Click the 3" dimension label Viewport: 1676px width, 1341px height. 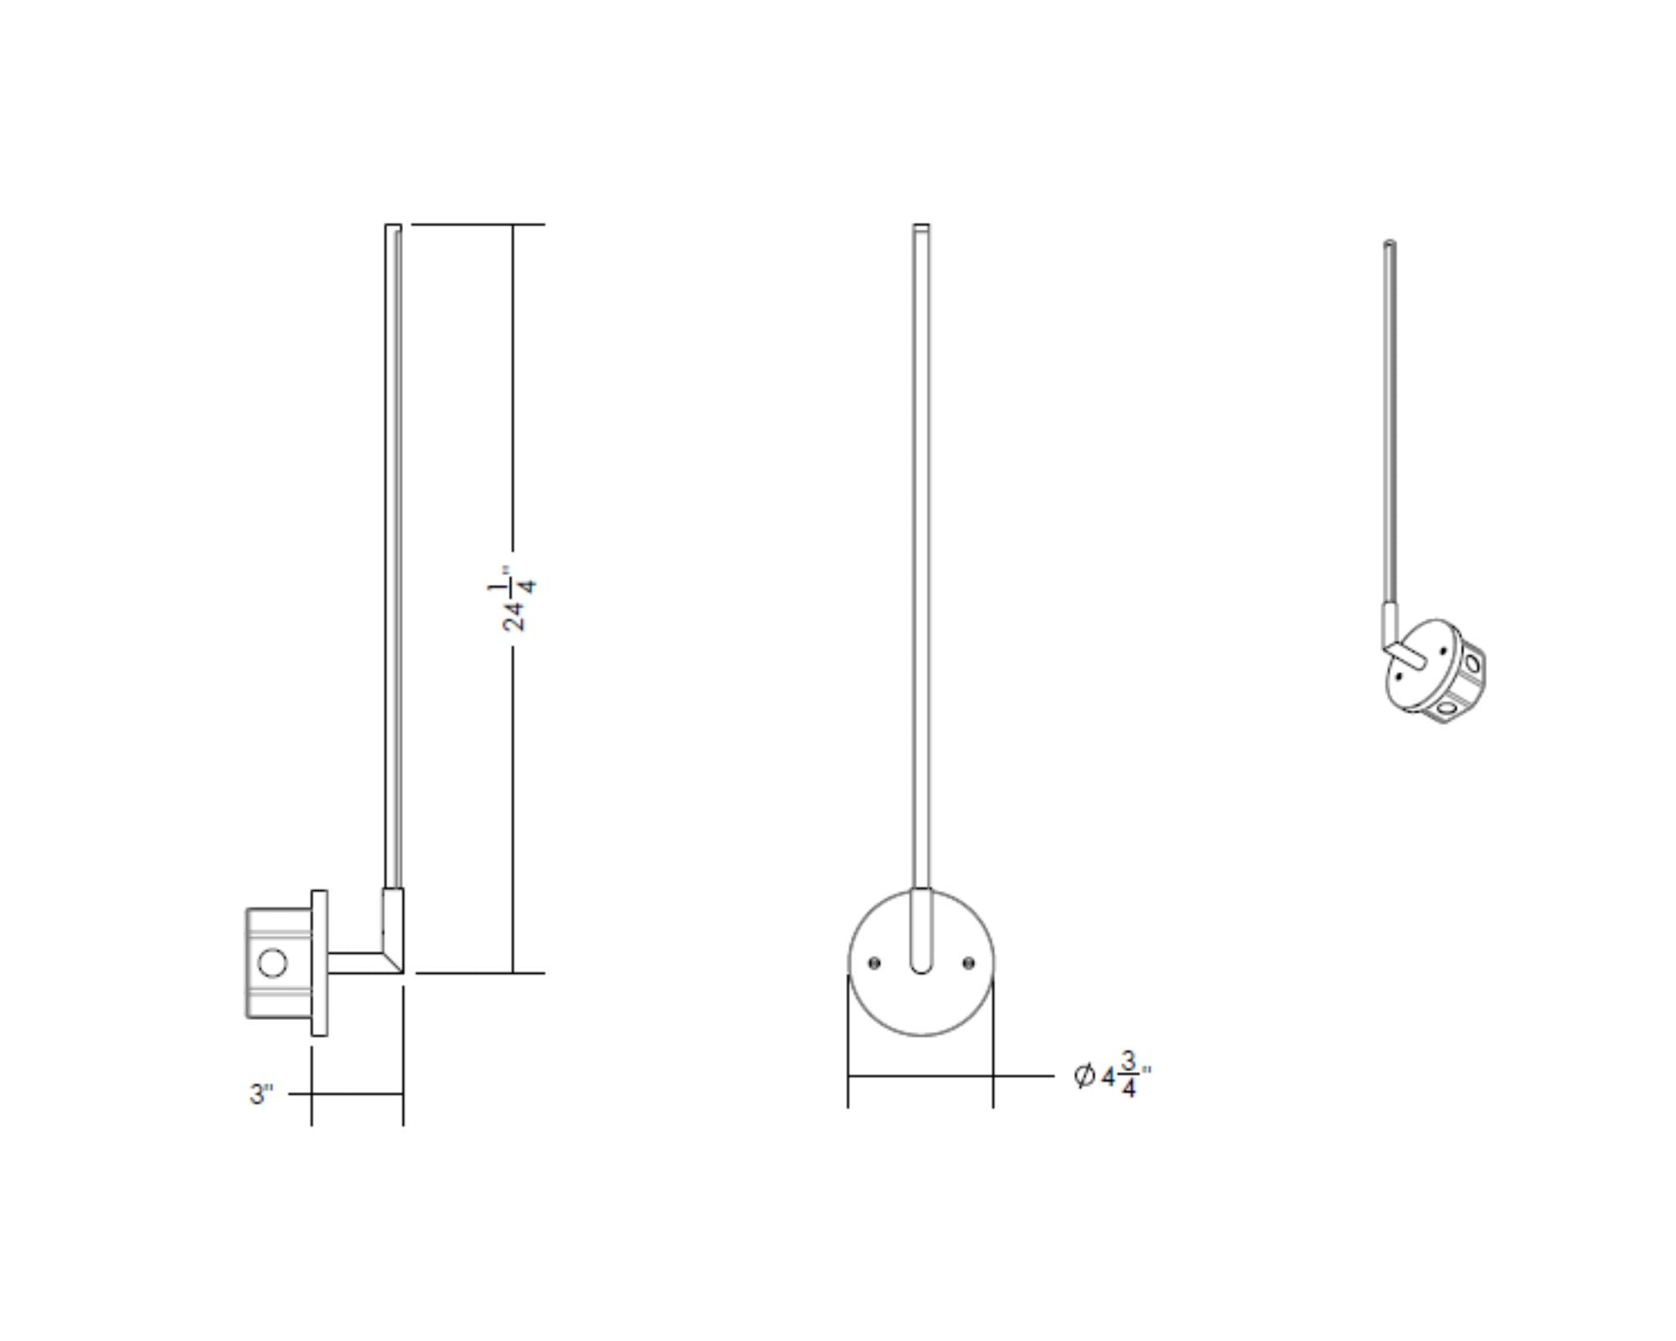[261, 1094]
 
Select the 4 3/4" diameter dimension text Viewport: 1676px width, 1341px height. [1124, 1075]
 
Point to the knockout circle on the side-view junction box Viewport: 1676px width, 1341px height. [272, 963]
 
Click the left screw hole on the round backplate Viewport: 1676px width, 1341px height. [874, 963]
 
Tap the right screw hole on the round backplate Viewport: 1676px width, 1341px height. [970, 963]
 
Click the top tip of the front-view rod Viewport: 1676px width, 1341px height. [921, 226]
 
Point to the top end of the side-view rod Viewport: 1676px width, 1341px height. [393, 227]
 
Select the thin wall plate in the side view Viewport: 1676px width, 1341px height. [319, 963]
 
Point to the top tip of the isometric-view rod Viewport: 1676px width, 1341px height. [1390, 244]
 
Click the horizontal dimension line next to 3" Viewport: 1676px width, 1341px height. [357, 1094]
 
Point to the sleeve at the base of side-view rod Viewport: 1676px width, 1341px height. [393, 914]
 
